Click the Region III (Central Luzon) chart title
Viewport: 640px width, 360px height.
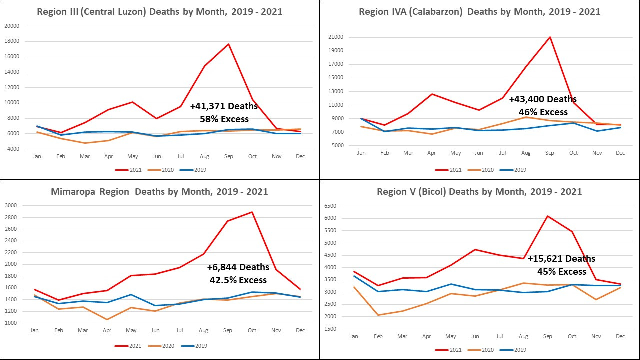tap(160, 11)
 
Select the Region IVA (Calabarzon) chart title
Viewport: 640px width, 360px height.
tap(480, 11)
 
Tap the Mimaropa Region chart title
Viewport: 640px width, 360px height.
tap(160, 192)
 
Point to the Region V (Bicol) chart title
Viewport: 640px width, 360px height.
tap(479, 192)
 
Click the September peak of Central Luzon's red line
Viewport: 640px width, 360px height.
tap(228, 44)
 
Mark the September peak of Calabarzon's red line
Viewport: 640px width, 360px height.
tap(550, 37)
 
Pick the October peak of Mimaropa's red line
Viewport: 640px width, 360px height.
tap(252, 212)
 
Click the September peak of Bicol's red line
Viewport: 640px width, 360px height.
tap(548, 216)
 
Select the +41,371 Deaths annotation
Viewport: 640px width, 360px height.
tap(224, 106)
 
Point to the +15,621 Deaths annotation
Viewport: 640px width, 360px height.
tap(561, 259)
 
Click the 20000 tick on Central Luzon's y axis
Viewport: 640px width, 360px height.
tap(12, 26)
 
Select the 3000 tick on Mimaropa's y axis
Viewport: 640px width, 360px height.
tap(11, 205)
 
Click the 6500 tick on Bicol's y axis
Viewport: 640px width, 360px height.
tap(331, 206)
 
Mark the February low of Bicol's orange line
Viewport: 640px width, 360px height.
tap(378, 315)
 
